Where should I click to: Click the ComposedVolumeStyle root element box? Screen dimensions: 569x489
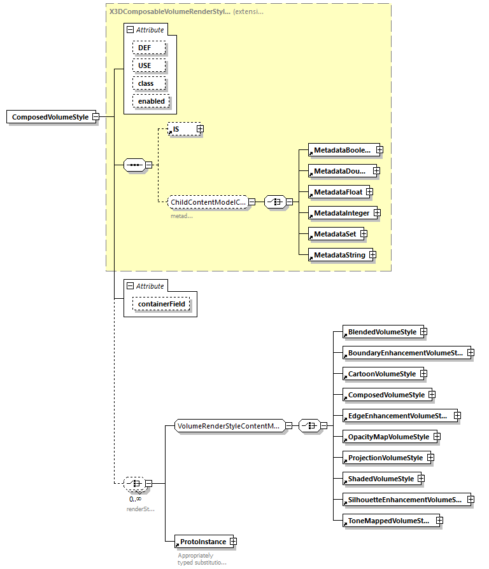click(x=50, y=117)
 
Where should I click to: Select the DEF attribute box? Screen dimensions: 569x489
click(x=149, y=48)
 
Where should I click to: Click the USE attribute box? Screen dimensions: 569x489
click(x=149, y=65)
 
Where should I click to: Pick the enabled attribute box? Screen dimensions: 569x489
click(x=151, y=101)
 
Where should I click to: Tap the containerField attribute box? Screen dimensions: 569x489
click(x=161, y=305)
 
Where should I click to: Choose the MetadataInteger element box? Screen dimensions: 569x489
click(x=339, y=213)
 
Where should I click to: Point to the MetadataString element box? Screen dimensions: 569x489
click(x=337, y=255)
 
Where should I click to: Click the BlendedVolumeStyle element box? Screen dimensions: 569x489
click(x=380, y=332)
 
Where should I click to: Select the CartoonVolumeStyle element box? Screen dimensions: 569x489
click(x=380, y=374)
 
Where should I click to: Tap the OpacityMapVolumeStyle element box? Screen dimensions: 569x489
click(x=386, y=437)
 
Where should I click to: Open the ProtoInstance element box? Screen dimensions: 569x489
click(x=201, y=542)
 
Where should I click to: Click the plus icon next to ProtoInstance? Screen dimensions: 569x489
click(x=232, y=542)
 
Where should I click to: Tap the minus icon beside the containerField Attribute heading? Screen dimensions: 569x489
click(x=130, y=286)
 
